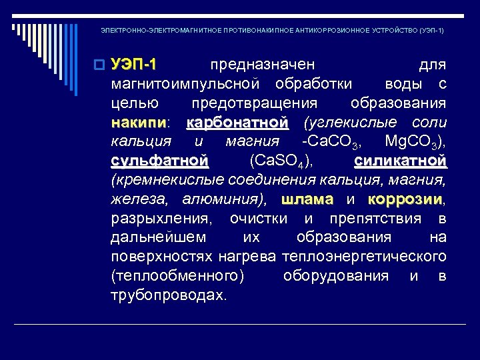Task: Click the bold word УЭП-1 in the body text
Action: click(x=134, y=65)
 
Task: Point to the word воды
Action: click(x=402, y=84)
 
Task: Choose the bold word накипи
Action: click(x=139, y=123)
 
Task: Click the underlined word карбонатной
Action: click(x=238, y=123)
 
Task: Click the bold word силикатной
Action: click(x=400, y=161)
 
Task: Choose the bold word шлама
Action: click(x=307, y=199)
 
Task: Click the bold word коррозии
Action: click(x=405, y=199)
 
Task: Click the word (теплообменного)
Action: click(x=178, y=276)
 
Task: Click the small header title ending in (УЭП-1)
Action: click(x=272, y=31)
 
